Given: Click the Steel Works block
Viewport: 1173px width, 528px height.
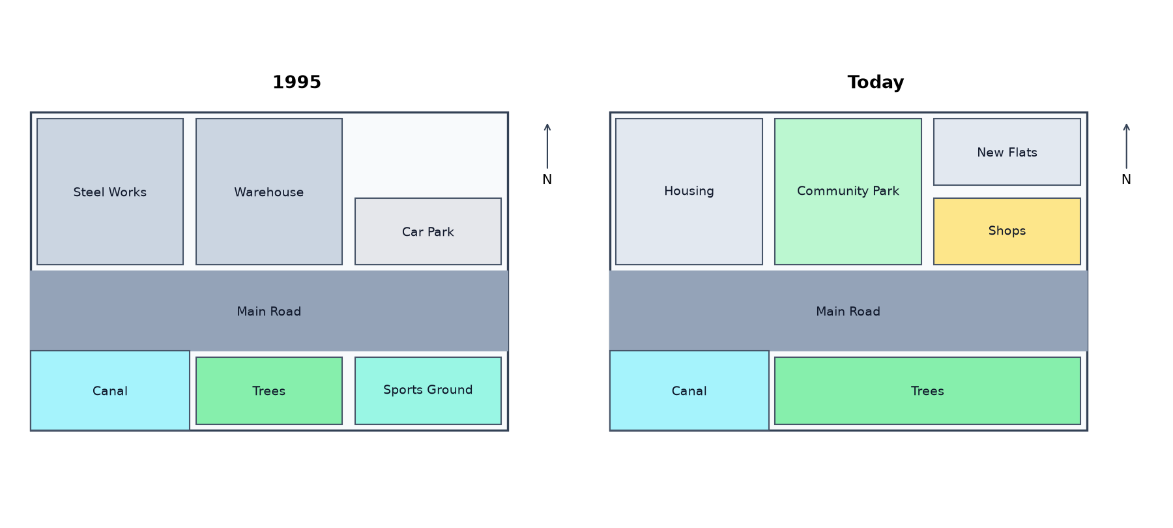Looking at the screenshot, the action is pyautogui.click(x=110, y=192).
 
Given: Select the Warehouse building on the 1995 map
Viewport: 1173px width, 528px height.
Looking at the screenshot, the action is pyautogui.click(x=269, y=192).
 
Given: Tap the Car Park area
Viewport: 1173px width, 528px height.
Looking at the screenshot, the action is pyautogui.click(x=428, y=231).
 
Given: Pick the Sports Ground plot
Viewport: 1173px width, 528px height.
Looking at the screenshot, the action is pyautogui.click(x=428, y=390).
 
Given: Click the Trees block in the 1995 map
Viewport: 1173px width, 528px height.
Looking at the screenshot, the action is pyautogui.click(x=269, y=390).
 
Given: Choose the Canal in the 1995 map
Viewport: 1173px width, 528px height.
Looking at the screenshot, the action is pyautogui.click(x=110, y=390).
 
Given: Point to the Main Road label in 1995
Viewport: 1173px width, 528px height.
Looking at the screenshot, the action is pyautogui.click(x=269, y=312).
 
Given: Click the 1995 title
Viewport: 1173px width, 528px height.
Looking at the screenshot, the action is pyautogui.click(x=297, y=82).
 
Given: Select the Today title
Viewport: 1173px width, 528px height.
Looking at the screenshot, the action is pyautogui.click(x=876, y=82).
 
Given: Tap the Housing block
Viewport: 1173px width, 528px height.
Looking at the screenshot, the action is pyautogui.click(x=689, y=192).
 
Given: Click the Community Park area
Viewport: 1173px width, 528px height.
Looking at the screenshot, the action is pyautogui.click(x=848, y=192).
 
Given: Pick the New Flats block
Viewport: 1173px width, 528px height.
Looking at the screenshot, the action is pyautogui.click(x=1007, y=152).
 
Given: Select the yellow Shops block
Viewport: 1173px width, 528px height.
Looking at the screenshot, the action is pyautogui.click(x=1007, y=231).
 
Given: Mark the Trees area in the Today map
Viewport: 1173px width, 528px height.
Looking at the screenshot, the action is pyautogui.click(x=927, y=390).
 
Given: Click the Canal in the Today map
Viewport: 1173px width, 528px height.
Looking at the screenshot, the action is pyautogui.click(x=689, y=390).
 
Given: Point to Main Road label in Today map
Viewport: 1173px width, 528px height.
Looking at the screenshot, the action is pyautogui.click(x=848, y=312).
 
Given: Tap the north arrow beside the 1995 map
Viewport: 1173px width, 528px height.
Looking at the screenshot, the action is pyautogui.click(x=547, y=146).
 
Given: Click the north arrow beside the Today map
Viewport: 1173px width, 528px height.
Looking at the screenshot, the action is pyautogui.click(x=1126, y=146).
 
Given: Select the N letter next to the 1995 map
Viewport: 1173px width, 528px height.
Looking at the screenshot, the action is pyautogui.click(x=547, y=179).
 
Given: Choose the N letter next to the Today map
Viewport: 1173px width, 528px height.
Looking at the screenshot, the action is pyautogui.click(x=1126, y=179).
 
